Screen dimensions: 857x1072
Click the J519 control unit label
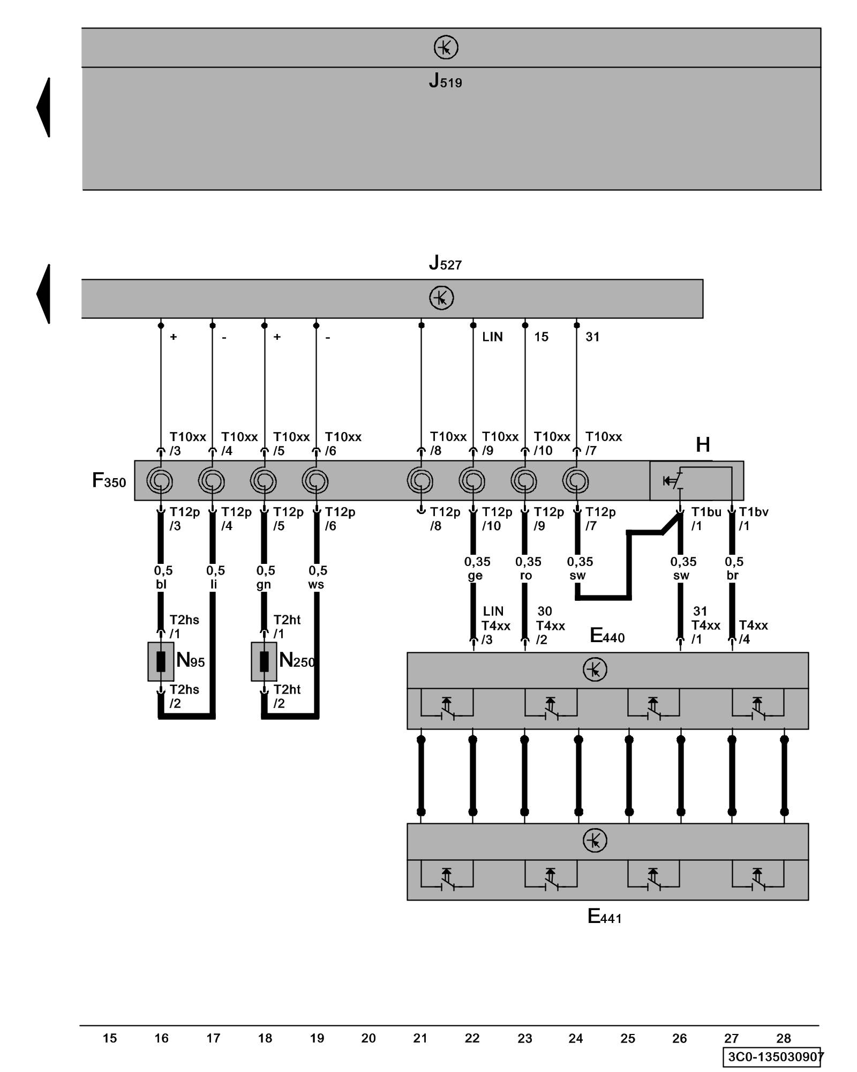[445, 81]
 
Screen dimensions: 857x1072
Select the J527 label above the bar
[445, 263]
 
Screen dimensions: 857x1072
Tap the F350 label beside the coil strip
[109, 480]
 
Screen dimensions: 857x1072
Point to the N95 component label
[190, 660]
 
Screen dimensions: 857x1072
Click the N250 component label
[296, 660]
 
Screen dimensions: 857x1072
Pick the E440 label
[607, 636]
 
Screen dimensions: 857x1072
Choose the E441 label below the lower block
[604, 916]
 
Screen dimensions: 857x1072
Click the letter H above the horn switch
[702, 445]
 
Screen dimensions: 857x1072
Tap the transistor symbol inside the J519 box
[446, 48]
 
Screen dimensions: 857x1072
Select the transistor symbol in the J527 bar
[441, 298]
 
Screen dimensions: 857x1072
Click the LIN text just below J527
[492, 337]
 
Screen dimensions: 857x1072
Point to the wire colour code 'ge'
[475, 576]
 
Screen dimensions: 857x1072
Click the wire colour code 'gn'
[264, 584]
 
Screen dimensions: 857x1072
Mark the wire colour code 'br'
[732, 576]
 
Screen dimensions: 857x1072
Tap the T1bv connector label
[753, 512]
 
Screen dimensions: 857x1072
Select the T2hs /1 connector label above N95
[184, 627]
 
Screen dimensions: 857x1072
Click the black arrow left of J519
[44, 107]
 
